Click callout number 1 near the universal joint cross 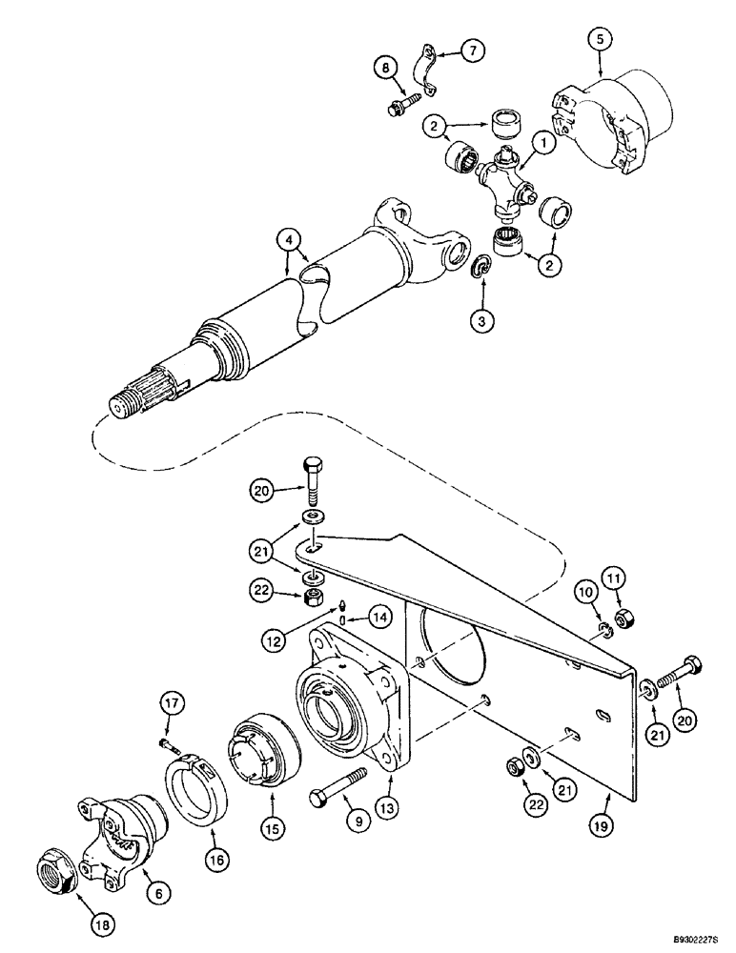click(x=542, y=143)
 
